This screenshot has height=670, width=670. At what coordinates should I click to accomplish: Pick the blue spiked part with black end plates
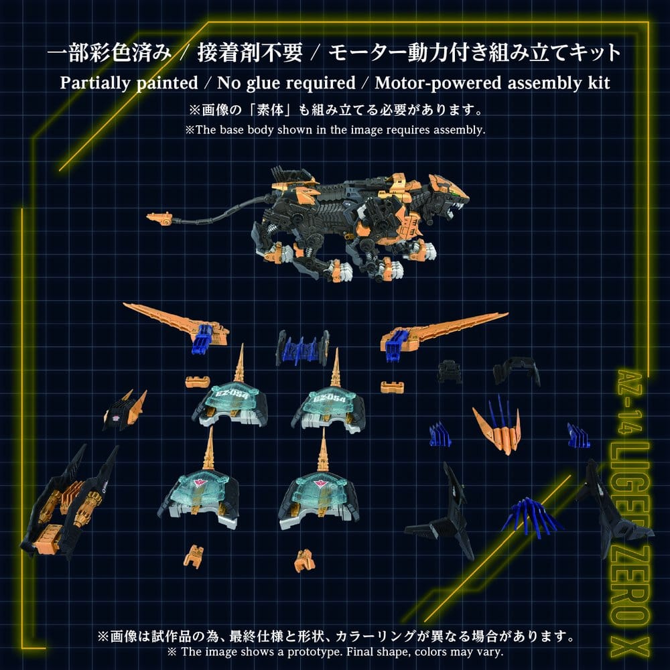[302, 347]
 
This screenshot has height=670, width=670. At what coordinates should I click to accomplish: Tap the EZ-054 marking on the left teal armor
[229, 394]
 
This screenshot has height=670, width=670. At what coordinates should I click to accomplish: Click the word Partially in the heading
[92, 83]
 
